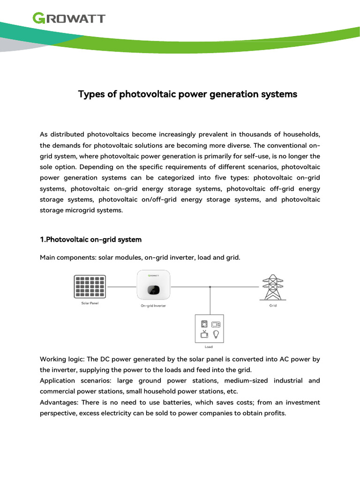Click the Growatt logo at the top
pyautogui.click(x=68, y=18)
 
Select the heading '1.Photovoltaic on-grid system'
pyautogui.click(x=90, y=240)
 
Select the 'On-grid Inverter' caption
pyautogui.click(x=153, y=306)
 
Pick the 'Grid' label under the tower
pyautogui.click(x=273, y=305)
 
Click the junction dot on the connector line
pyautogui.click(x=210, y=287)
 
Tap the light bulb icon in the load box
pyautogui.click(x=216, y=334)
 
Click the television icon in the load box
pyautogui.click(x=204, y=334)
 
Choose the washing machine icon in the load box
pyautogui.click(x=204, y=324)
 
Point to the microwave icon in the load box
pyautogui.click(x=216, y=324)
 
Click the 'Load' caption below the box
pyautogui.click(x=209, y=347)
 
